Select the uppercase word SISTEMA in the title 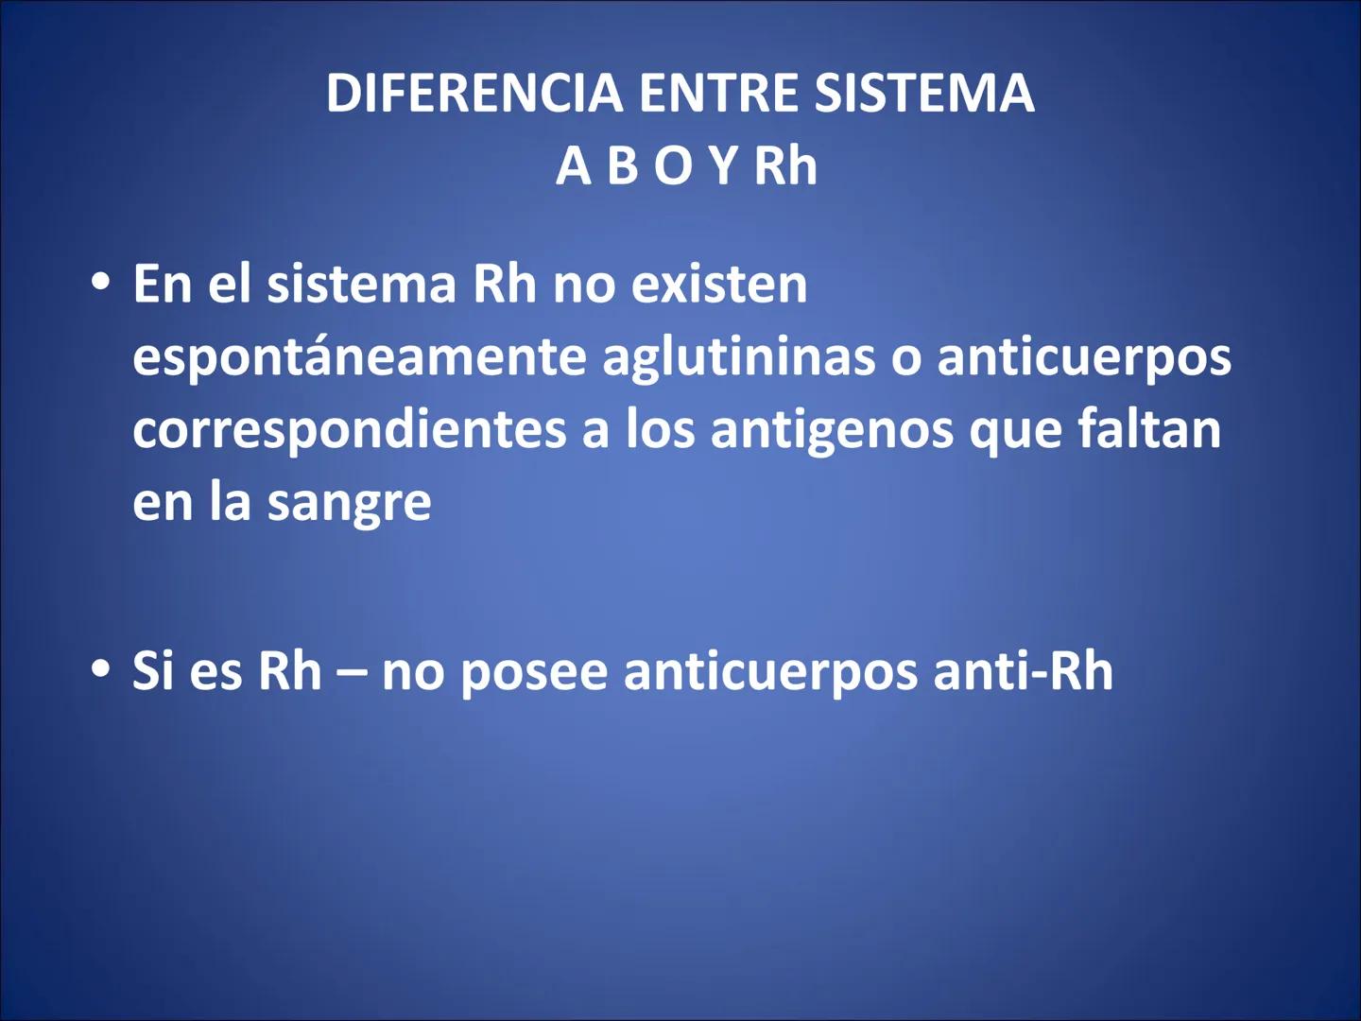[x=924, y=94]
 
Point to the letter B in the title [x=623, y=166]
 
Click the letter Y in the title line [x=723, y=166]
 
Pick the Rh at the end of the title [x=785, y=166]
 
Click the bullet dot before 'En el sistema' [x=101, y=283]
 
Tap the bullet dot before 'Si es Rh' [x=101, y=669]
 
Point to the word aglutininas [x=739, y=357]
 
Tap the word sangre [x=349, y=503]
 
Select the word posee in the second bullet [x=534, y=671]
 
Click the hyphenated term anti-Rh [x=1023, y=671]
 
